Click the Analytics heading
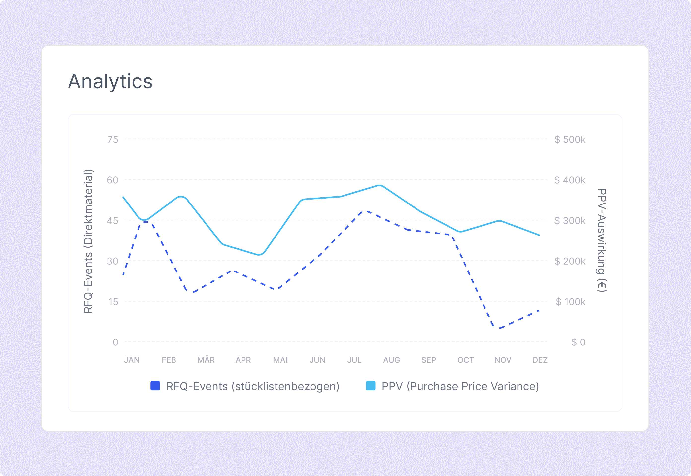click(x=110, y=81)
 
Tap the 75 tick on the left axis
click(x=113, y=139)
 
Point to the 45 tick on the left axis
click(x=113, y=221)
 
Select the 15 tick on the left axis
click(x=113, y=302)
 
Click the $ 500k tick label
click(x=570, y=139)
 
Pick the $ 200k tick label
click(x=570, y=261)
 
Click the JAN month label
click(x=132, y=360)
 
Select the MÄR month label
click(x=206, y=360)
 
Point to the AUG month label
click(x=392, y=360)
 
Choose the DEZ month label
click(x=540, y=360)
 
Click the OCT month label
click(x=466, y=360)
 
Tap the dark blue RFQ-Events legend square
click(x=155, y=386)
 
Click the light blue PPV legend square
click(x=370, y=386)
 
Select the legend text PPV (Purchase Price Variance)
click(x=460, y=386)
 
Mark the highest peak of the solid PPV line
click(x=379, y=185)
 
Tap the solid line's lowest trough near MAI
click(x=259, y=255)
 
